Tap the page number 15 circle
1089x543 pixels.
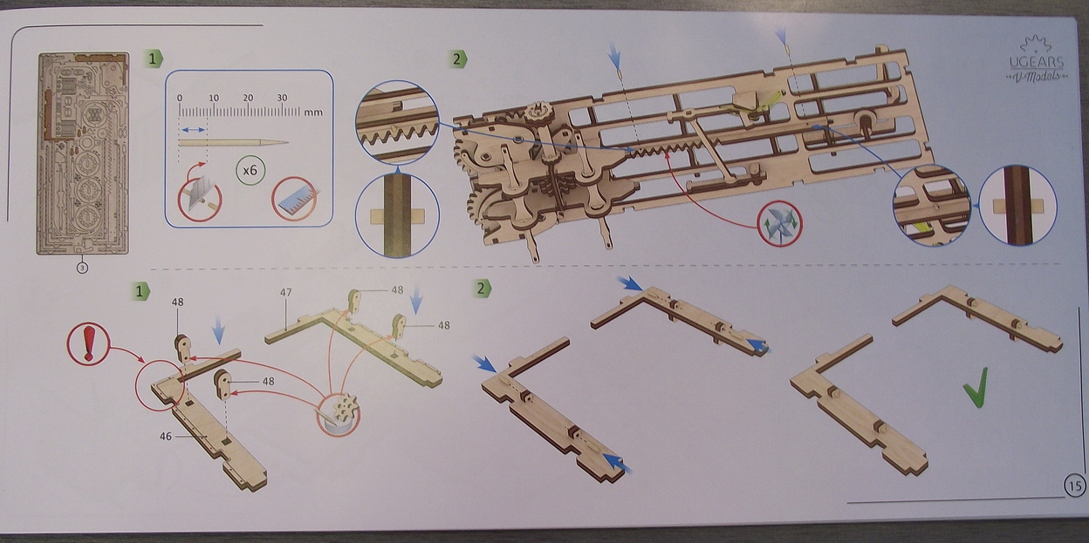(1074, 485)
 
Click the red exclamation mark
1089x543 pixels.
(88, 343)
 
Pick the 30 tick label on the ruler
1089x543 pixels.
(282, 98)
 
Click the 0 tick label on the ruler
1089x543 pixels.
(179, 98)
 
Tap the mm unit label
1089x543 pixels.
(314, 112)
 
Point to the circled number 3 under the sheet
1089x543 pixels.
(81, 268)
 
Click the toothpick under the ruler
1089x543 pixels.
(232, 142)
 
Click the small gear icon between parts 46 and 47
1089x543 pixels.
(339, 412)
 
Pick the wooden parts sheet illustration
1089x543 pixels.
(82, 153)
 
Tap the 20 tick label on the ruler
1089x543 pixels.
(248, 98)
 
